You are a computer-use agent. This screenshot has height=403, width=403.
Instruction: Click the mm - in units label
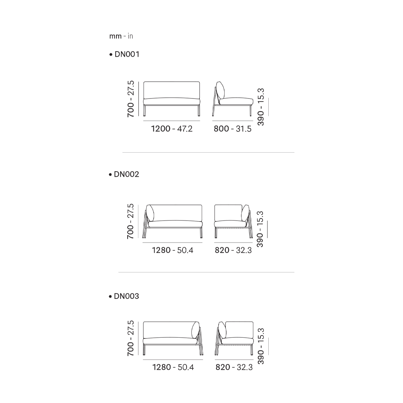pos(121,36)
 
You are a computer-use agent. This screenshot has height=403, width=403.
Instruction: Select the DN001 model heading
pos(124,54)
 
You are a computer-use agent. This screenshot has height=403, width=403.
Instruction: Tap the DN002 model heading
pos(124,174)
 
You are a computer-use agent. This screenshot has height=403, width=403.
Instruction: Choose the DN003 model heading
pos(124,296)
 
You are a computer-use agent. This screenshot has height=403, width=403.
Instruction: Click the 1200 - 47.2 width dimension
pos(172,128)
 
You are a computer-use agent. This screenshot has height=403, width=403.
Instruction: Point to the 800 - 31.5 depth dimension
pos(232,128)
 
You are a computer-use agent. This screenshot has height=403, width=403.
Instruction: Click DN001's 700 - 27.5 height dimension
pos(131,99)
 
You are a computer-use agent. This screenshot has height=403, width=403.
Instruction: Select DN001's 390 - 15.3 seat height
pos(260,107)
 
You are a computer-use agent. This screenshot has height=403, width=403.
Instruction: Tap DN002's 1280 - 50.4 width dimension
pos(172,250)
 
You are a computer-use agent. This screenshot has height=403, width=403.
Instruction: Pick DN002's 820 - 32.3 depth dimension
pos(233,250)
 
